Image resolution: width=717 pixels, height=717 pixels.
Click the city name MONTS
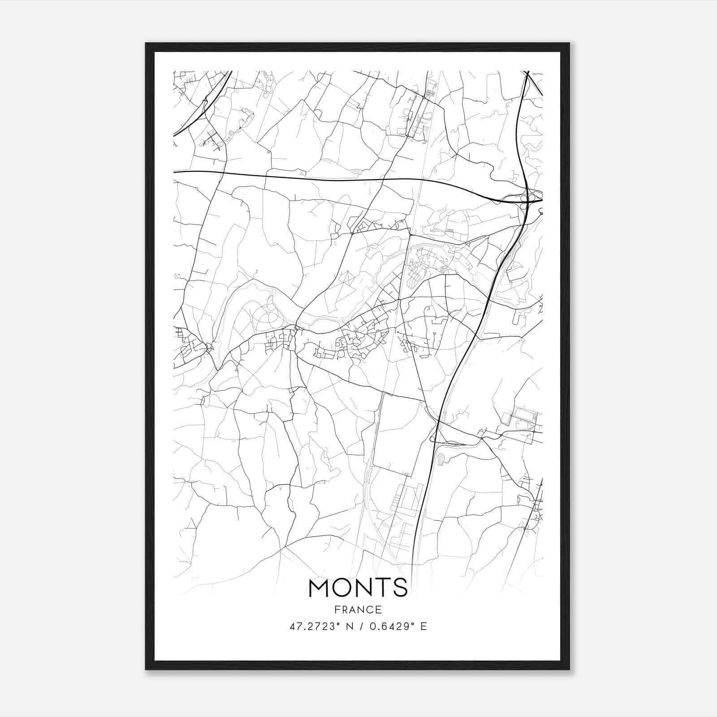pyautogui.click(x=358, y=587)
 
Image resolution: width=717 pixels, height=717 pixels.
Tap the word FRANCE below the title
pyautogui.click(x=358, y=610)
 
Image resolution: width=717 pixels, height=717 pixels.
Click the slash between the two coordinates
pyautogui.click(x=361, y=627)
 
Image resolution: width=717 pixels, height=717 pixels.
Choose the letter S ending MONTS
pyautogui.click(x=400, y=587)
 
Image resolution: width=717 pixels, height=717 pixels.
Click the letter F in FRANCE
pyautogui.click(x=337, y=610)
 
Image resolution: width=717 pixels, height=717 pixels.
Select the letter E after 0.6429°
pyautogui.click(x=423, y=627)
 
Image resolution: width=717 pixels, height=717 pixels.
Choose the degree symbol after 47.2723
pyautogui.click(x=338, y=624)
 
